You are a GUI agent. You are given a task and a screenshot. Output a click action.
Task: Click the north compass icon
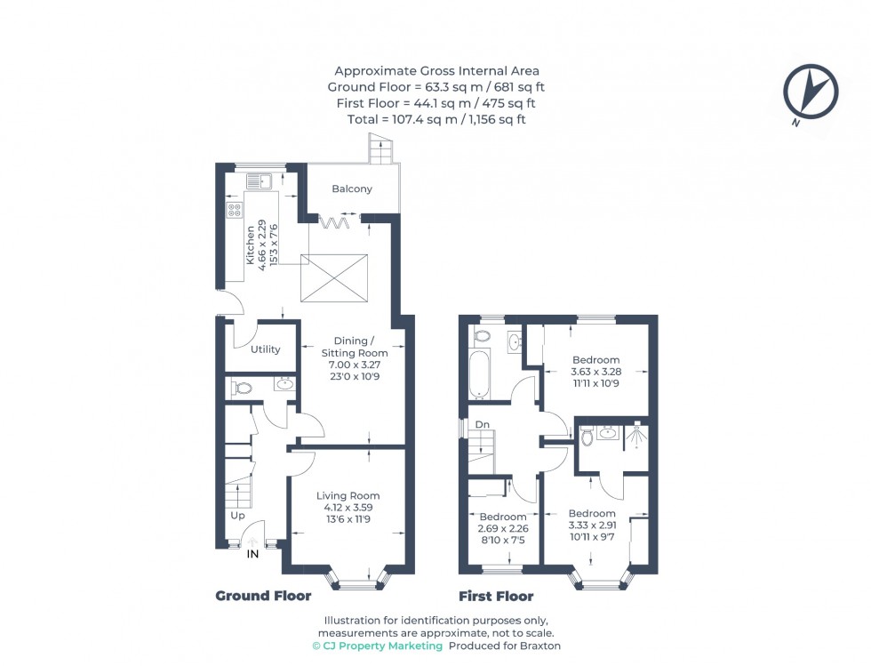pos(810,92)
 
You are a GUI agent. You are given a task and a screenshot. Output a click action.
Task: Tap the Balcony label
pos(352,189)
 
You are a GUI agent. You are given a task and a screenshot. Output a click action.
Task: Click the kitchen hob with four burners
pos(235,211)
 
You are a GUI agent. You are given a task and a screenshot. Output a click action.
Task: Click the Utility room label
pos(265,349)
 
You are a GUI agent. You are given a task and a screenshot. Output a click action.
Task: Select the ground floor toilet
pos(241,387)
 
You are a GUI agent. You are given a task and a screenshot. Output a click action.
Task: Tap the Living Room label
pos(348,495)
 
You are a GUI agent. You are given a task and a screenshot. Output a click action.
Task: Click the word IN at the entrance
pos(252,554)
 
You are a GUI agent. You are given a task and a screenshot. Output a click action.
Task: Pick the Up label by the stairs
pos(237,516)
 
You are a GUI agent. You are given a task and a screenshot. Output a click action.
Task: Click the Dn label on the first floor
pos(483,425)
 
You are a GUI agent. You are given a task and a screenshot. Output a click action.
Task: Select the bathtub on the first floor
pos(478,373)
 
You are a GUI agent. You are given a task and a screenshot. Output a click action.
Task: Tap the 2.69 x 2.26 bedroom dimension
pos(503,529)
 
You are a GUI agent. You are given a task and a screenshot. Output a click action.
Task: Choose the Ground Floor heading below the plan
pos(263,596)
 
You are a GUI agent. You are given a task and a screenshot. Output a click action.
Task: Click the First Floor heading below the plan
pos(496,596)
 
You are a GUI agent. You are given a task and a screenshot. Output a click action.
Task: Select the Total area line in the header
pos(435,119)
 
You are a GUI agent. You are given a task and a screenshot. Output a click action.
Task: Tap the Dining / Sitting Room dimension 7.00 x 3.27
pos(355,365)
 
